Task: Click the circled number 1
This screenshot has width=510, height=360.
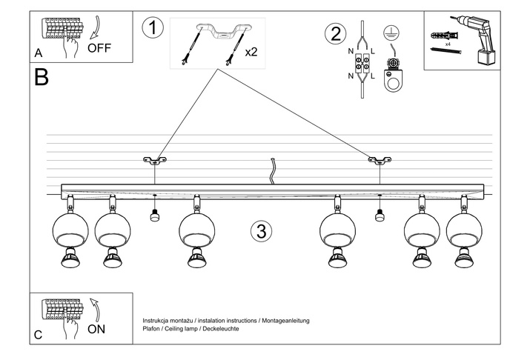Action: click(x=151, y=28)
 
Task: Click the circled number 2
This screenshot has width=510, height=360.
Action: click(x=335, y=33)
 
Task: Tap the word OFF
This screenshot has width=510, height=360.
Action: click(x=99, y=48)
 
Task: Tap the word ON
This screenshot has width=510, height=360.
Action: click(x=97, y=329)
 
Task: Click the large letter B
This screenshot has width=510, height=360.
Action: click(x=42, y=77)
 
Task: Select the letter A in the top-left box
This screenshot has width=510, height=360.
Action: click(x=38, y=53)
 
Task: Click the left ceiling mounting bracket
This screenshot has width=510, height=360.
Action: click(x=155, y=159)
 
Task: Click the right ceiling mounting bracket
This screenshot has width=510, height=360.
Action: click(x=379, y=159)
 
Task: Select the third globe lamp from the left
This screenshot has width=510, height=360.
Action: click(x=196, y=229)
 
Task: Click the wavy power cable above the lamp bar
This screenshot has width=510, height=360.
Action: click(x=273, y=172)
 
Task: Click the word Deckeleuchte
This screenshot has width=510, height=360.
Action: click(x=221, y=328)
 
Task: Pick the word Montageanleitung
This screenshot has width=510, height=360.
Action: click(x=285, y=320)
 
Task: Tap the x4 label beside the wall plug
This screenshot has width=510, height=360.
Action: click(x=448, y=44)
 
